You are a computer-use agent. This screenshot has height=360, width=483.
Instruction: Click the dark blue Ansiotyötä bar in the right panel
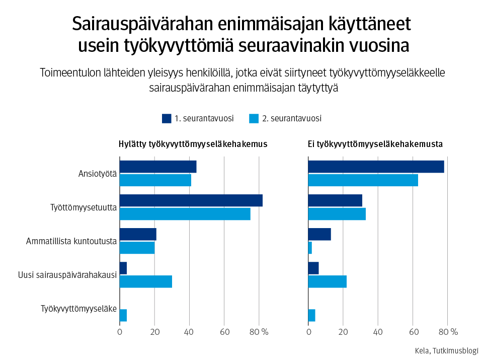375,167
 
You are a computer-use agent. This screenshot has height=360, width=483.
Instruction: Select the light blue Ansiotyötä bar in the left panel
155,180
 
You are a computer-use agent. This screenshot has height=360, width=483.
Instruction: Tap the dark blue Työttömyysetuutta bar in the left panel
191,200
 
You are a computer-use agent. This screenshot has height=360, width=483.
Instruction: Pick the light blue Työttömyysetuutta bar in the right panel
337,214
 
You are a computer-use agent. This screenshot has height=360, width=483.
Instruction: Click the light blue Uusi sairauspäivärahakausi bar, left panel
145,281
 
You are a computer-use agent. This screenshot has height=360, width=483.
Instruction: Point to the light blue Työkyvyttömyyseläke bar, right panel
311,315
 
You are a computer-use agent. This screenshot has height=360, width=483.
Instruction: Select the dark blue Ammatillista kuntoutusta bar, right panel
319,234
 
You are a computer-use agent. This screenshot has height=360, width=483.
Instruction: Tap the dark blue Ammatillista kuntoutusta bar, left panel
138,234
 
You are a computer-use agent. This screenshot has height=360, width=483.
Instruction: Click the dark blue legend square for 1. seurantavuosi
167,119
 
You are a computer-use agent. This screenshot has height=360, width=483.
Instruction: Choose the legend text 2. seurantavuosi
291,119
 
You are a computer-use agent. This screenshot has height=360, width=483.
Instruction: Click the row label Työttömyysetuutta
84,207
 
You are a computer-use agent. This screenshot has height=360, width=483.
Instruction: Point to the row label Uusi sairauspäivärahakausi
67,275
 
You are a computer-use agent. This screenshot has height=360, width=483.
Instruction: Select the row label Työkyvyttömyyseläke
78,309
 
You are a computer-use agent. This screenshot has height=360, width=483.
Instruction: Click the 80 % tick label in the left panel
259,332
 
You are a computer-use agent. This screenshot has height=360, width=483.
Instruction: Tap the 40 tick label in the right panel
378,332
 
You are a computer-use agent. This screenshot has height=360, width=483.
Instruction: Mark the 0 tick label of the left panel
120,332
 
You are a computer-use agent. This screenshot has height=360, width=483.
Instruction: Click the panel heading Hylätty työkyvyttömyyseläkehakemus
192,144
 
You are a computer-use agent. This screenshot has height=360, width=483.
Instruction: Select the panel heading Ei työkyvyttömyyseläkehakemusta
375,144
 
